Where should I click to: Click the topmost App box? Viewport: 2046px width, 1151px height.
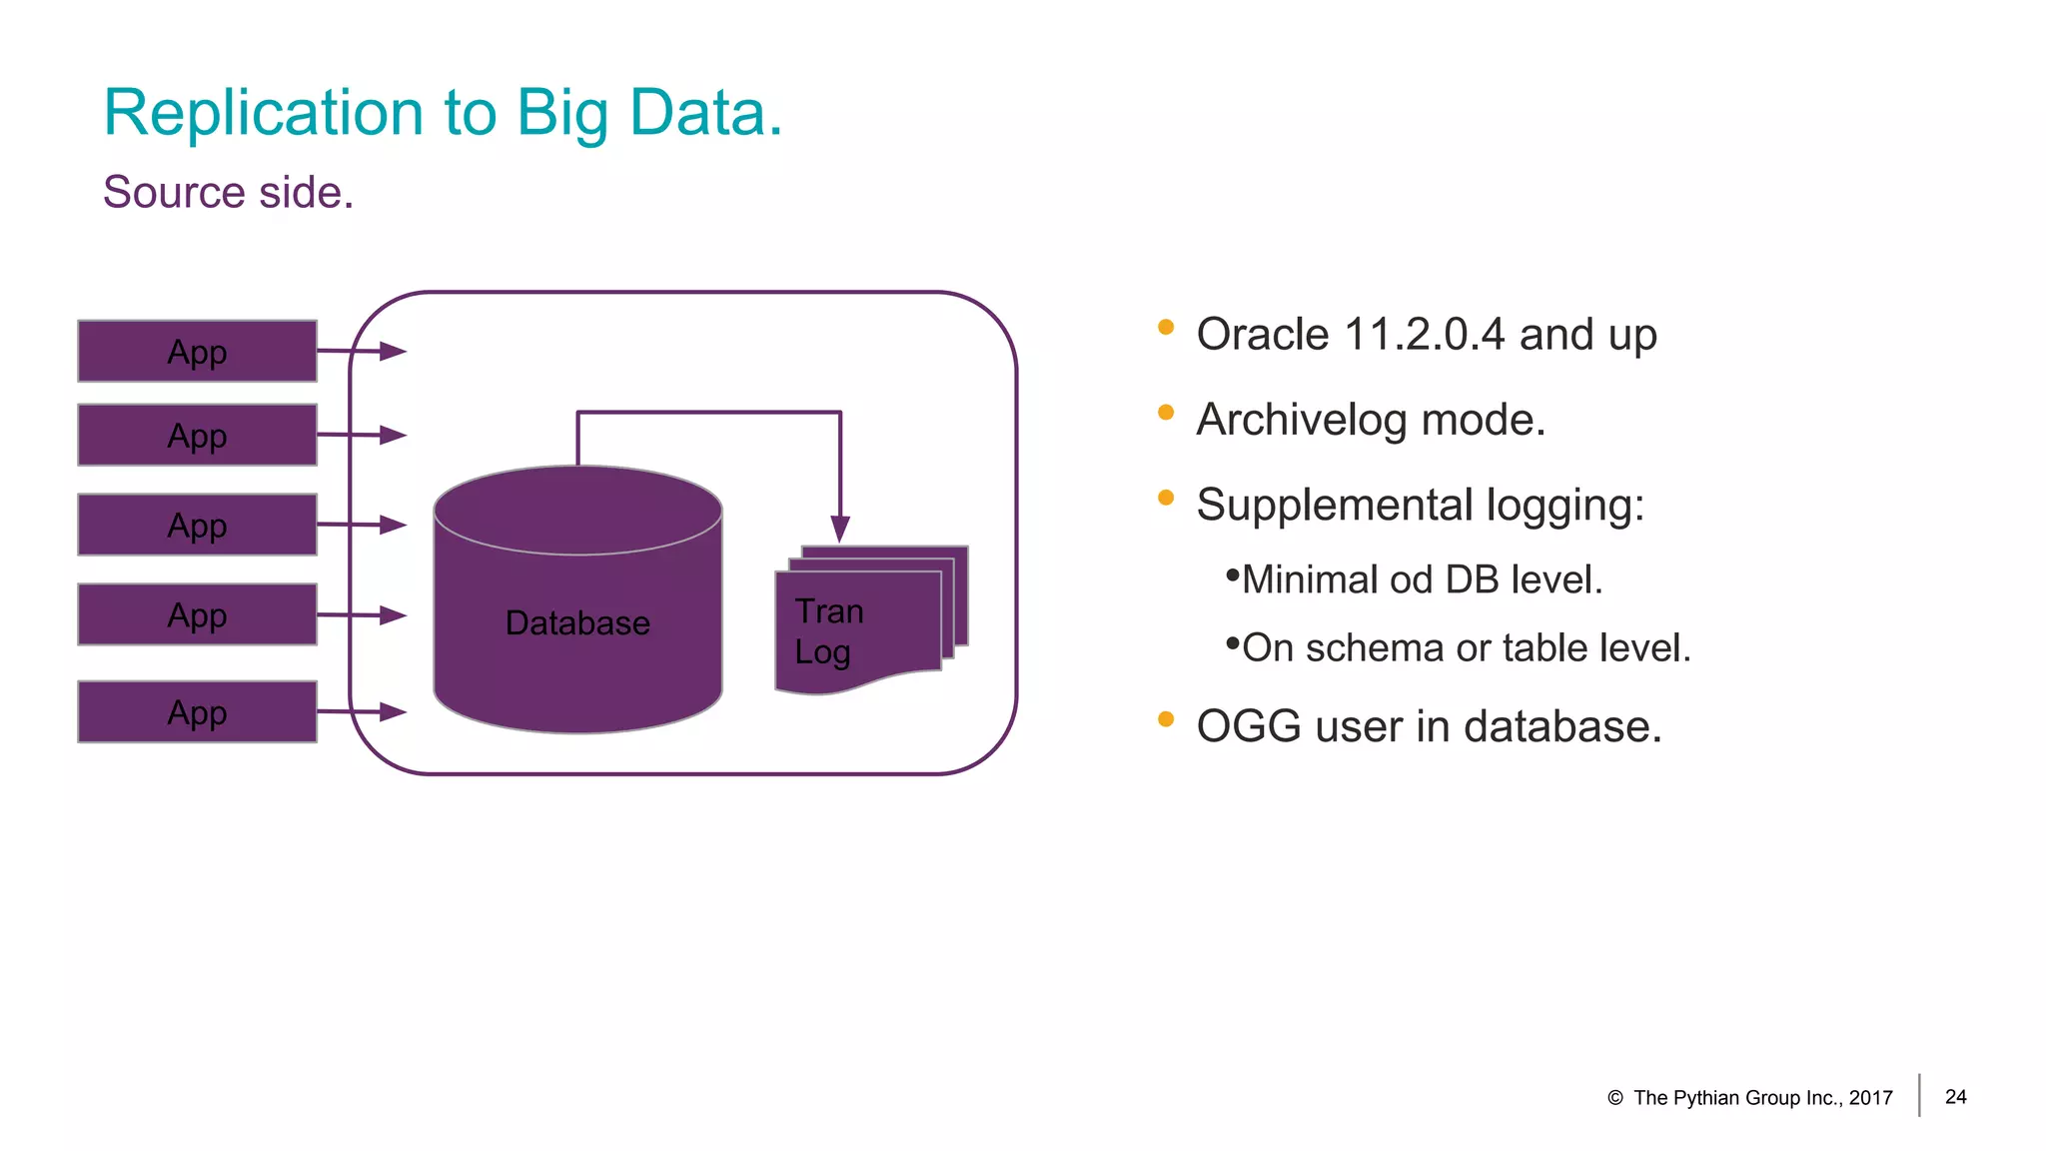197,352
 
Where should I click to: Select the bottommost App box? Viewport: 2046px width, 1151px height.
197,712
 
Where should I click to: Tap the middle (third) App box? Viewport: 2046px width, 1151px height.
197,525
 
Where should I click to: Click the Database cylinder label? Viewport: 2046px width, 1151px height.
577,623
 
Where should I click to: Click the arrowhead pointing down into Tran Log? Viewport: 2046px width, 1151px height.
840,529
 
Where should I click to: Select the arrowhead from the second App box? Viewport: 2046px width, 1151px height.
393,436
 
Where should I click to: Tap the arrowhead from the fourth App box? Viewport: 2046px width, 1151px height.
393,615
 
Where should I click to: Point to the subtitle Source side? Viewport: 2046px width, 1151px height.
228,192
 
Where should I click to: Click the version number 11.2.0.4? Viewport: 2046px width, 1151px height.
1424,335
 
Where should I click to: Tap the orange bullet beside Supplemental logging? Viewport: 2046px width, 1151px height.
1165,498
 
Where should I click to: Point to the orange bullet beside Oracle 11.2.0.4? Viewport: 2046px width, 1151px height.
1165,327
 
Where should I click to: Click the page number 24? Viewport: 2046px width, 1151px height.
1955,1097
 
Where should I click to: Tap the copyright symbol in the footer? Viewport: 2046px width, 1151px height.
1614,1098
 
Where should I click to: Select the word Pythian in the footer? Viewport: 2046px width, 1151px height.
1708,1098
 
